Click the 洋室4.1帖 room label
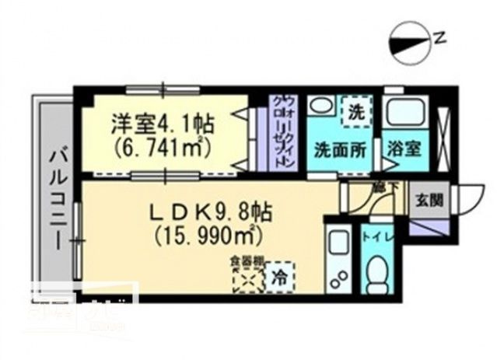click(x=163, y=124)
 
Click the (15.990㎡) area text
click(x=206, y=232)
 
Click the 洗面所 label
click(x=340, y=149)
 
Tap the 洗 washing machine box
click(x=355, y=112)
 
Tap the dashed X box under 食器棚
click(x=247, y=278)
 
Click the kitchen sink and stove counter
click(x=339, y=260)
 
